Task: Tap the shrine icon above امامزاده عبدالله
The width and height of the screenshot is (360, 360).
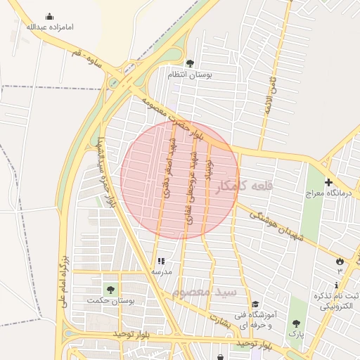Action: click(x=50, y=16)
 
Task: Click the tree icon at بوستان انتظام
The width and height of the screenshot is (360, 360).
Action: click(x=190, y=63)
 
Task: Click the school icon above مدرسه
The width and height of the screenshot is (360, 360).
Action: click(x=160, y=260)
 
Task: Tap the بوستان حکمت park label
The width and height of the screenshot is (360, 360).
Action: click(x=110, y=300)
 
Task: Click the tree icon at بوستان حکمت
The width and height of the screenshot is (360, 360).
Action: click(x=110, y=289)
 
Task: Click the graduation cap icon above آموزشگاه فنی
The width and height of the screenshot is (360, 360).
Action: click(x=255, y=304)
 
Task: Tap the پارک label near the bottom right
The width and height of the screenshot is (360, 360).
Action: click(x=296, y=336)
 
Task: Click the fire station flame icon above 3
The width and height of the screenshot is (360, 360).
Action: click(x=340, y=260)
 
